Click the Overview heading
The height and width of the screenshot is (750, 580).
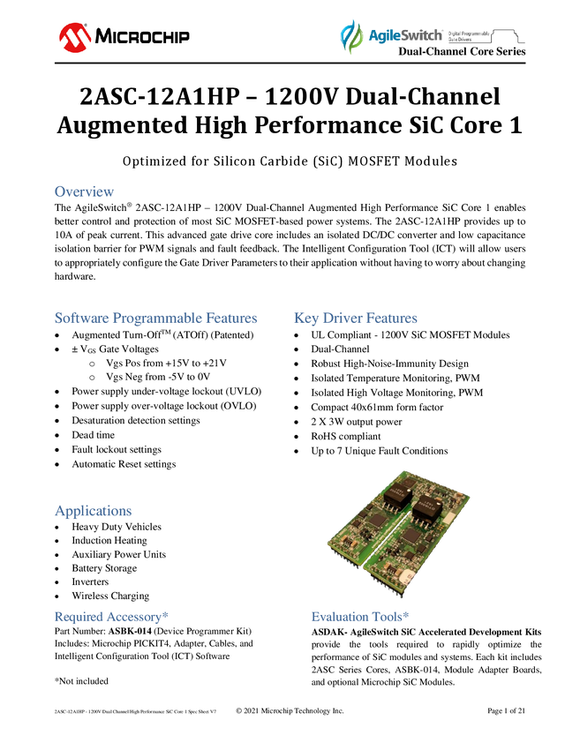(x=84, y=191)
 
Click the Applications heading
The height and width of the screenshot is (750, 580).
(x=94, y=511)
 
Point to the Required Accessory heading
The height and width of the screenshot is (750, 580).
(x=111, y=617)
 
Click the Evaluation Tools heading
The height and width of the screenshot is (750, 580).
(x=360, y=617)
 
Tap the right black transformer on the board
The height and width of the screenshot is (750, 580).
(x=428, y=507)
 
